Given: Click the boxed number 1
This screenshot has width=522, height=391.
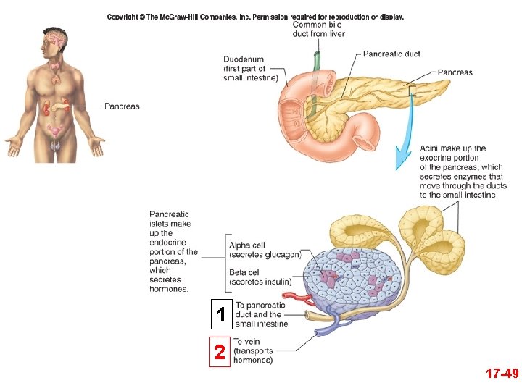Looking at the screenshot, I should click(x=220, y=314).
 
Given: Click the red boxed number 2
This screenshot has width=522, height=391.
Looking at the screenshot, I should click(x=219, y=353).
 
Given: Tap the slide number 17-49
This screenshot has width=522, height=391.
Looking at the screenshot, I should click(x=502, y=374).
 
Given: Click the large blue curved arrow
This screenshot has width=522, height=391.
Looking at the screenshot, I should click(x=404, y=141).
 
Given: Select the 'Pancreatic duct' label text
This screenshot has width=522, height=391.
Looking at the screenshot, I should click(x=391, y=54).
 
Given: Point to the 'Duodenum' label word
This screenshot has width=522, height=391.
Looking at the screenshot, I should click(x=244, y=59).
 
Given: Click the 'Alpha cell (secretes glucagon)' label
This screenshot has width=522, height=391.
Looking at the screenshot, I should click(x=264, y=250).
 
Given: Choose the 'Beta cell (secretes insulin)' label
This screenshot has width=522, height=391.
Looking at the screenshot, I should click(x=260, y=277).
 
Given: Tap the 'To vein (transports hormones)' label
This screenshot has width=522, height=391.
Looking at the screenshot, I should click(x=253, y=351).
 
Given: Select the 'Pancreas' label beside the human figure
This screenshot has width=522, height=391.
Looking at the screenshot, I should click(x=122, y=106).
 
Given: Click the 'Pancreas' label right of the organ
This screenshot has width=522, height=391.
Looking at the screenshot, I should click(x=455, y=72).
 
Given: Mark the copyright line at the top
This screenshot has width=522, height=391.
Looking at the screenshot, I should click(x=255, y=17).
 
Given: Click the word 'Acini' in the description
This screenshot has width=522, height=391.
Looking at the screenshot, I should click(x=431, y=148).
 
